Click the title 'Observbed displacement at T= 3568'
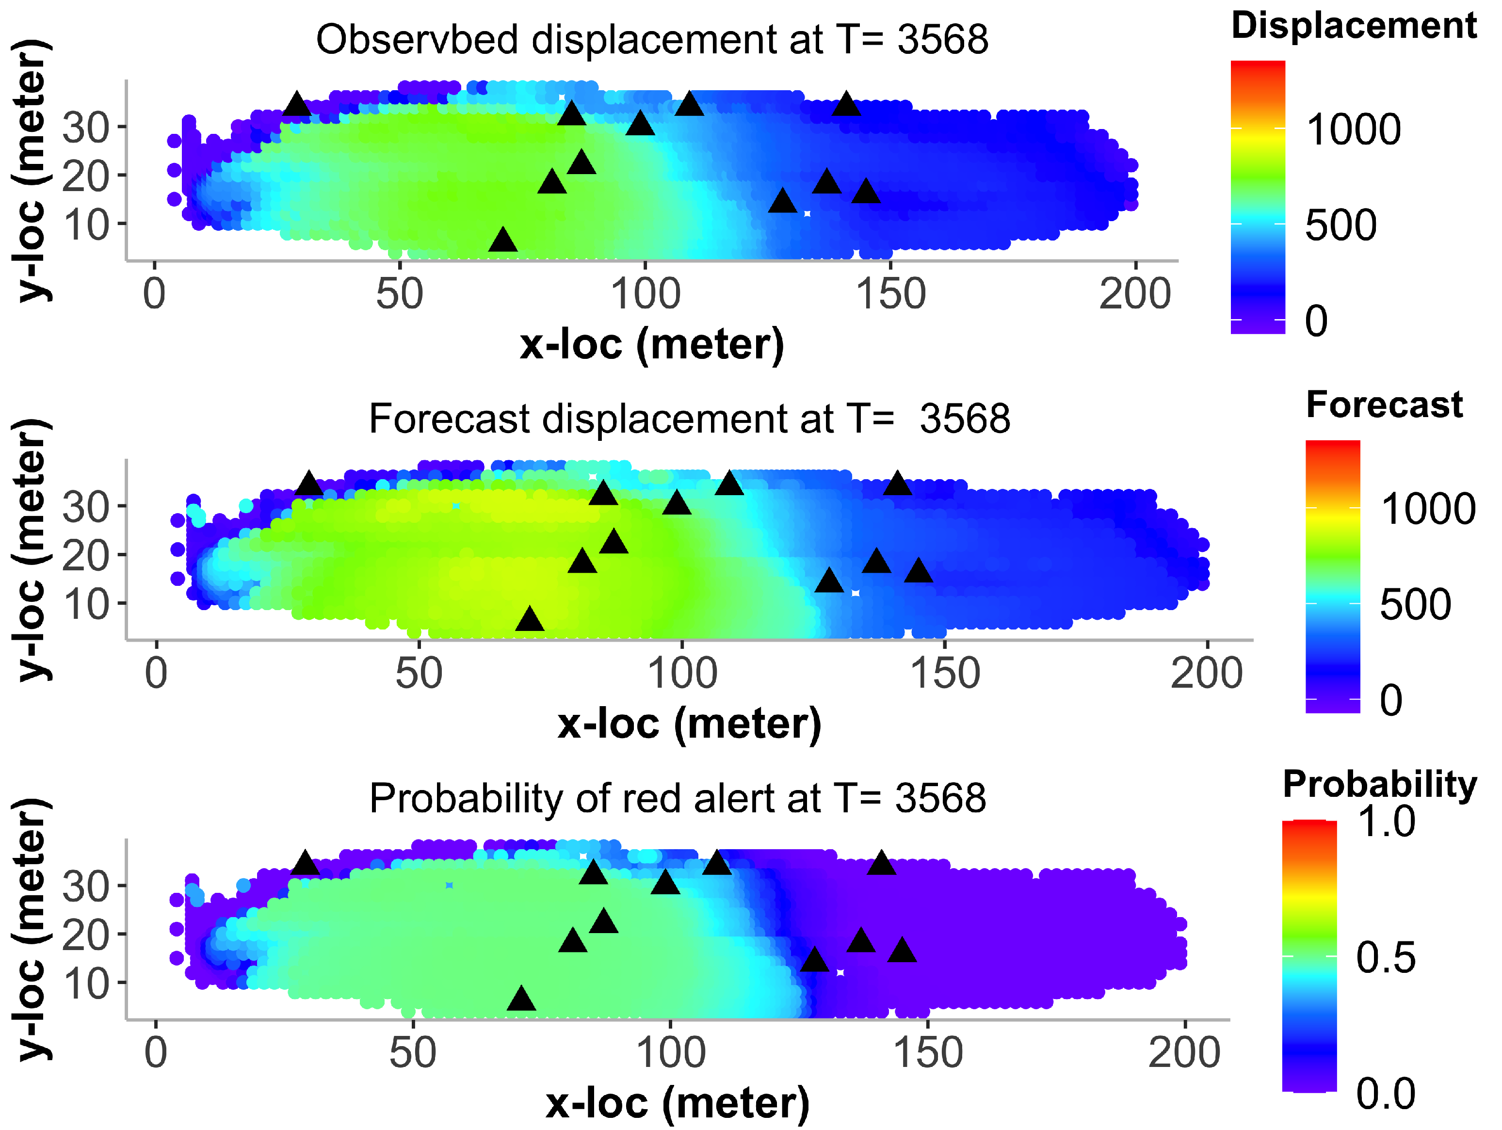coord(651,39)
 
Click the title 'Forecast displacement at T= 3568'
coord(689,419)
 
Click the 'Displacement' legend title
coord(1353,26)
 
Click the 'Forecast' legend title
coord(1384,405)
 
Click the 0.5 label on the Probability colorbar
coord(1385,957)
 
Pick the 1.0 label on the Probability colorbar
coord(1385,821)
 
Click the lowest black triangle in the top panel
coord(502,241)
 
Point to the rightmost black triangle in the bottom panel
coord(902,951)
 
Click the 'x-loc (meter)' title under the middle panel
coord(689,724)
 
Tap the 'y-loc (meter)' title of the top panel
coord(32,170)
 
